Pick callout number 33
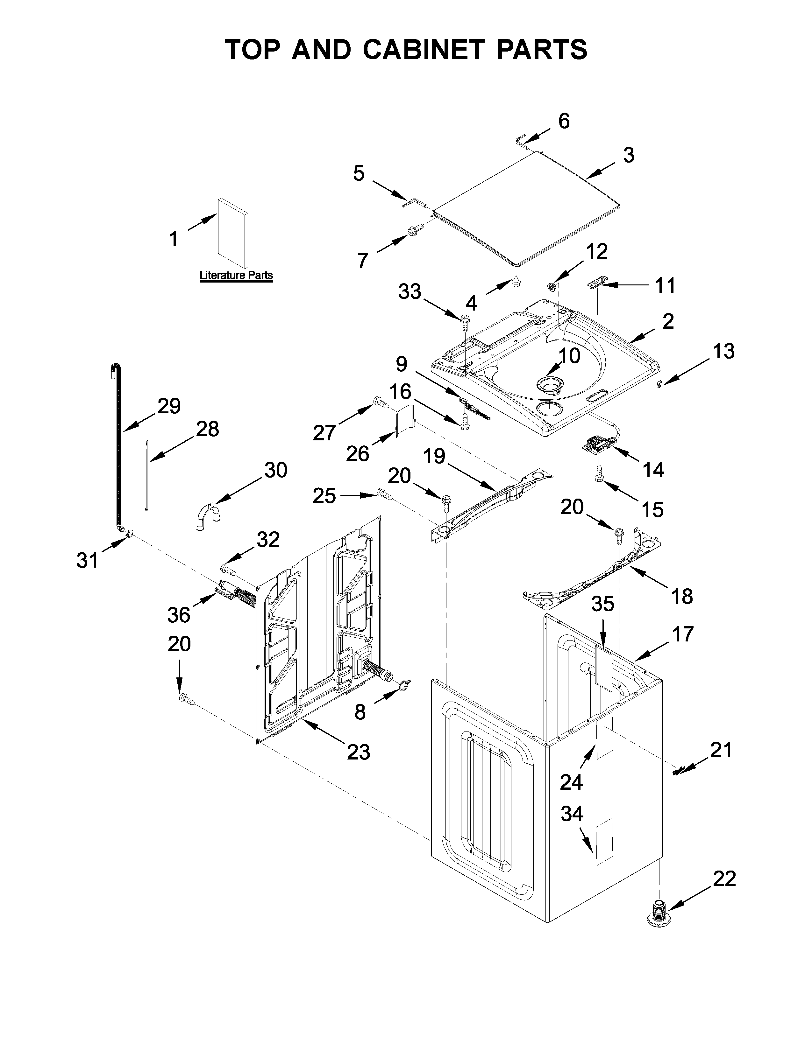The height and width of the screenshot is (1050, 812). coord(410,291)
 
